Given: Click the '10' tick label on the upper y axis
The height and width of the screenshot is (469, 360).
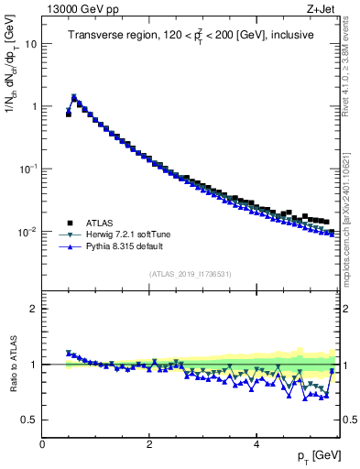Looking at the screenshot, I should [x=30, y=44].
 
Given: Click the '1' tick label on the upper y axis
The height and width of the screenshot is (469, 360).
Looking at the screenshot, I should [x=33, y=106].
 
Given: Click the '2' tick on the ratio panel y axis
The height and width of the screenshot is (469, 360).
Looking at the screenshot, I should [x=33, y=309].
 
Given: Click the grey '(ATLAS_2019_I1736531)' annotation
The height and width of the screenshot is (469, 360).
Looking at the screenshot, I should [x=191, y=274].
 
